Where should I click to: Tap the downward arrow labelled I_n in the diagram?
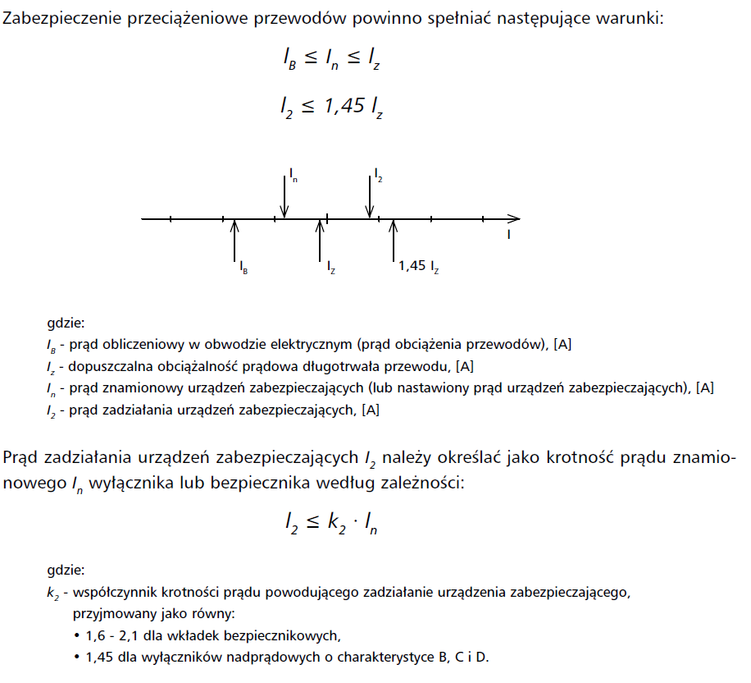[284, 197]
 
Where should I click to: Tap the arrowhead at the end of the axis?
[514, 219]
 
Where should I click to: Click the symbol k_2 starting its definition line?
[53, 592]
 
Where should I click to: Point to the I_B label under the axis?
[244, 266]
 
